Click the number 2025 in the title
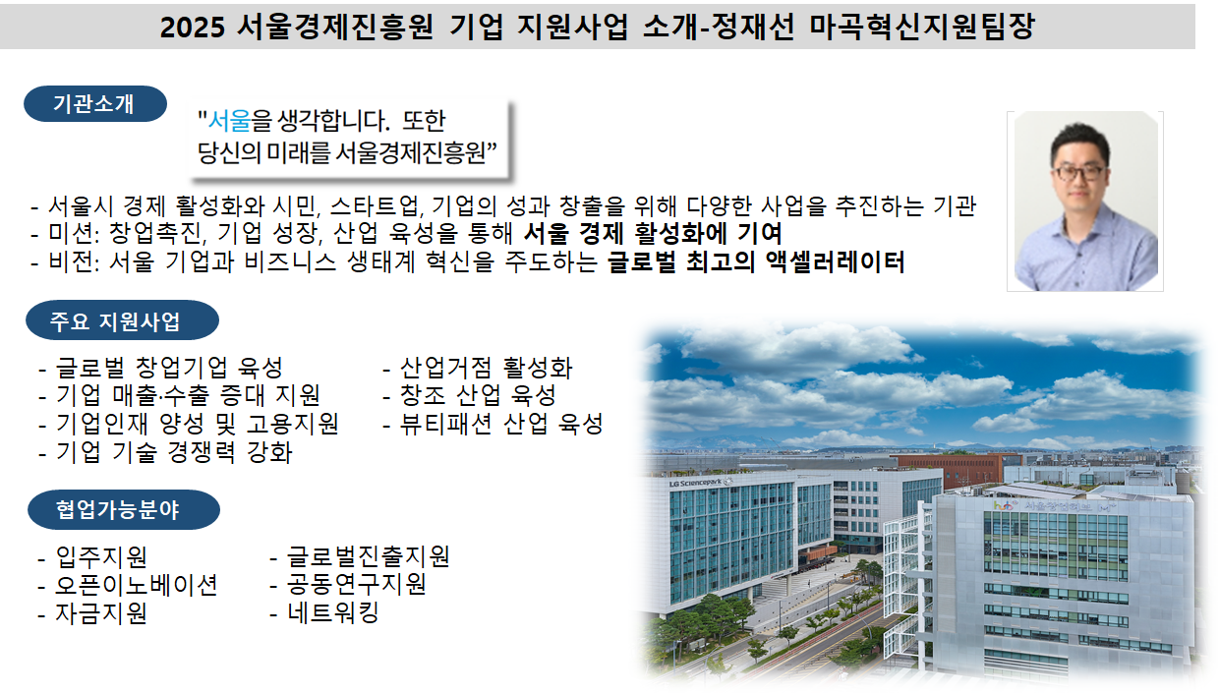pyautogui.click(x=192, y=27)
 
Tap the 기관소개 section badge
pyautogui.click(x=95, y=103)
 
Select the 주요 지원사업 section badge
pyautogui.click(x=123, y=320)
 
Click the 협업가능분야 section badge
pyautogui.click(x=124, y=509)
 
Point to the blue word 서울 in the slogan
pyautogui.click(x=229, y=120)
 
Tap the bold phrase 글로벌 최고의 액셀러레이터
pyautogui.click(x=756, y=261)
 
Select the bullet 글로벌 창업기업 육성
pyautogui.click(x=169, y=368)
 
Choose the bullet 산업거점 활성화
pyautogui.click(x=486, y=368)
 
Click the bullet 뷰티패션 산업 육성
pyautogui.click(x=501, y=424)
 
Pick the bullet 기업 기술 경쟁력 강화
pyautogui.click(x=174, y=452)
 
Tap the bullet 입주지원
pyautogui.click(x=101, y=556)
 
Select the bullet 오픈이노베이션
pyautogui.click(x=136, y=585)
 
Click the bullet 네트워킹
pyautogui.click(x=332, y=612)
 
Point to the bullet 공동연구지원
pyautogui.click(x=357, y=585)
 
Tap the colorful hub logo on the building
pyautogui.click(x=1005, y=505)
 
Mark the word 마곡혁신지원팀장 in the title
pyautogui.click(x=921, y=27)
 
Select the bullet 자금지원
pyautogui.click(x=101, y=612)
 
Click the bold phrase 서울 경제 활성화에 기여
pyautogui.click(x=653, y=234)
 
